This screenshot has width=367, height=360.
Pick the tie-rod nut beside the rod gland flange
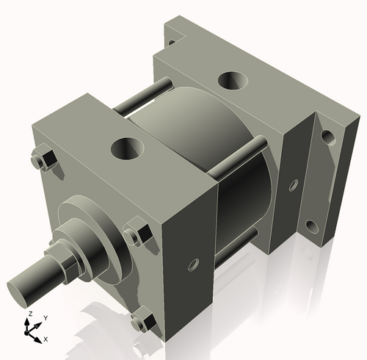tap(137, 233)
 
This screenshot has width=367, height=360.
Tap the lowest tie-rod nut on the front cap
tap(144, 321)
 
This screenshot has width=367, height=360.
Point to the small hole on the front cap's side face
tap(195, 262)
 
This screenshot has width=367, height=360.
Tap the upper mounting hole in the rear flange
tap(327, 137)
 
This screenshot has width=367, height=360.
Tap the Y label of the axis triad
tap(45, 317)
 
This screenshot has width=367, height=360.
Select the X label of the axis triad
tap(46, 339)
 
